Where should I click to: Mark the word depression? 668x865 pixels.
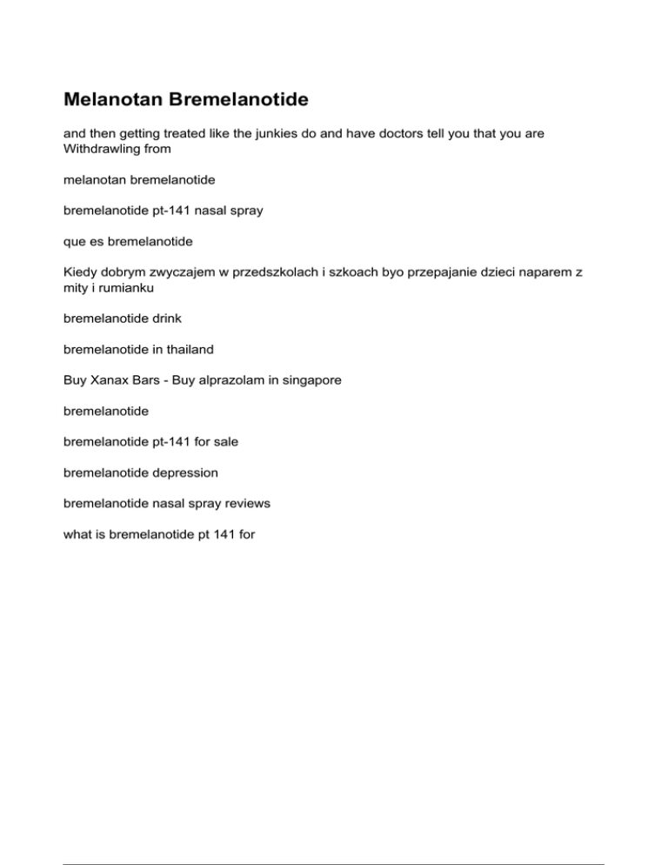(x=180, y=473)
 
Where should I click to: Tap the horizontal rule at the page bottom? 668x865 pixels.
(x=334, y=840)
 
